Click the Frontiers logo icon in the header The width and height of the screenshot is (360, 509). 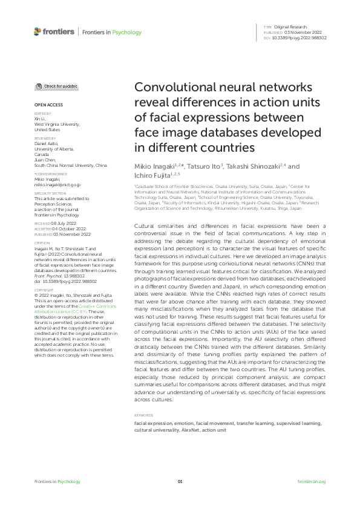(x=38, y=31)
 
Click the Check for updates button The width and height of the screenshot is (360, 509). (x=56, y=86)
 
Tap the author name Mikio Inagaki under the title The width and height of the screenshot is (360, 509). (x=153, y=166)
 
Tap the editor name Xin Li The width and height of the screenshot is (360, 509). (x=40, y=118)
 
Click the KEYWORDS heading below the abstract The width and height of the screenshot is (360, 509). (x=143, y=415)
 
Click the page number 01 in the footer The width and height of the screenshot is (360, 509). (x=180, y=482)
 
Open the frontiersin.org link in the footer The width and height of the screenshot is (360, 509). (x=312, y=482)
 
